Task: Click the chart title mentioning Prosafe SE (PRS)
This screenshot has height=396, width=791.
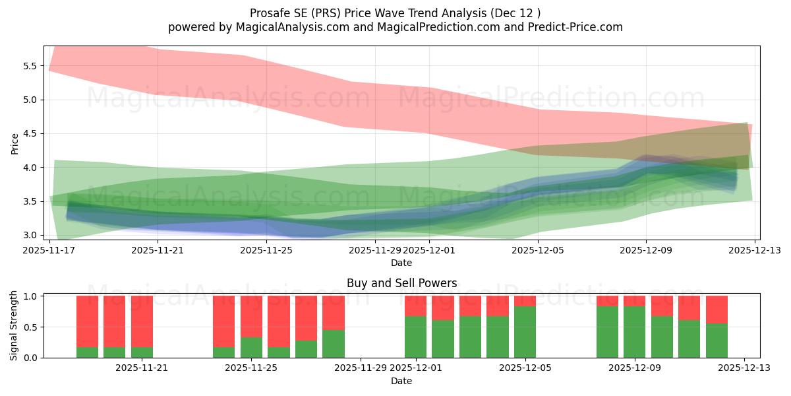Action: [x=395, y=13]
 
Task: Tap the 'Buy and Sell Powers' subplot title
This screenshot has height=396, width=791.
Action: [x=401, y=283]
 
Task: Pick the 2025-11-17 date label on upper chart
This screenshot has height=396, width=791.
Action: [x=49, y=250]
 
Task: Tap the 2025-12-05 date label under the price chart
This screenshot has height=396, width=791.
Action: [x=538, y=250]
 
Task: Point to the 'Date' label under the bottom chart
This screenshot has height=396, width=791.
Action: [x=401, y=381]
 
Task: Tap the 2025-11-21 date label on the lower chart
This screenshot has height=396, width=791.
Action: [x=142, y=368]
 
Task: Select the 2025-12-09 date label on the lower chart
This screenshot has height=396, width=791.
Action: [x=634, y=368]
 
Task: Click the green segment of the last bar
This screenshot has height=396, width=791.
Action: [x=717, y=341]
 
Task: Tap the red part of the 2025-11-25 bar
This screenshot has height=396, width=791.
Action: [x=251, y=316]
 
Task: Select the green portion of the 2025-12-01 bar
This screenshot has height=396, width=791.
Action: [x=415, y=337]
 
